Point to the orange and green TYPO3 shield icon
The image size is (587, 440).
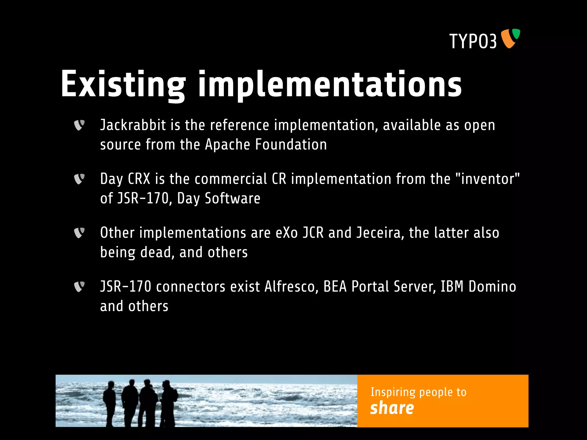click(x=510, y=38)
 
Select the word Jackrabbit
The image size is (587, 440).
click(x=133, y=125)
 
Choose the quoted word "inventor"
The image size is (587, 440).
click(x=487, y=179)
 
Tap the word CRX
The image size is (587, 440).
click(x=139, y=179)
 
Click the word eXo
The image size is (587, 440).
click(x=287, y=233)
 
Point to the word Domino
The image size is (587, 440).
click(x=492, y=287)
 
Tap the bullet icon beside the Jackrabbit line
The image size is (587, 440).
click(x=79, y=125)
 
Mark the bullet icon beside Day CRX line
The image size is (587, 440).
click(x=79, y=179)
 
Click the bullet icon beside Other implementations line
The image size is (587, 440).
click(x=79, y=233)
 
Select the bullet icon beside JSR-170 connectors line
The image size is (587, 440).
click(x=79, y=287)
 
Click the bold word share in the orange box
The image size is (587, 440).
click(x=392, y=408)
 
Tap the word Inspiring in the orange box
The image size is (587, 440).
click(x=393, y=392)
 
